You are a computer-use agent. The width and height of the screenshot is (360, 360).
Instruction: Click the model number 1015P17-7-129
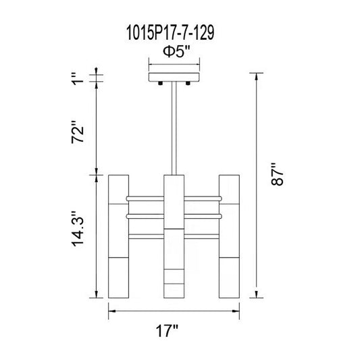(170, 33)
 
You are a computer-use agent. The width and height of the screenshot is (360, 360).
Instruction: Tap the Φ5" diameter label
(176, 52)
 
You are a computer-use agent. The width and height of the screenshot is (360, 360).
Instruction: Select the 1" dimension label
(78, 79)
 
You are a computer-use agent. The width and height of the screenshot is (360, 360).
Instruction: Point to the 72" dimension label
(78, 132)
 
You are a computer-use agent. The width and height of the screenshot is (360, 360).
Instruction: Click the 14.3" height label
(78, 229)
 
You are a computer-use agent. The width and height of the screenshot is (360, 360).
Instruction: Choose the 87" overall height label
(277, 174)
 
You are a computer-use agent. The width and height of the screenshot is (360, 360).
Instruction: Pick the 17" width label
(167, 331)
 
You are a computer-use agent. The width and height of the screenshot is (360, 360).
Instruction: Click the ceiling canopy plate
(174, 77)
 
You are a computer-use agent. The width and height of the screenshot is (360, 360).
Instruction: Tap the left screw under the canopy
(160, 83)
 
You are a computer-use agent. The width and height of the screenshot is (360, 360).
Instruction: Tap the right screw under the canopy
(188, 83)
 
